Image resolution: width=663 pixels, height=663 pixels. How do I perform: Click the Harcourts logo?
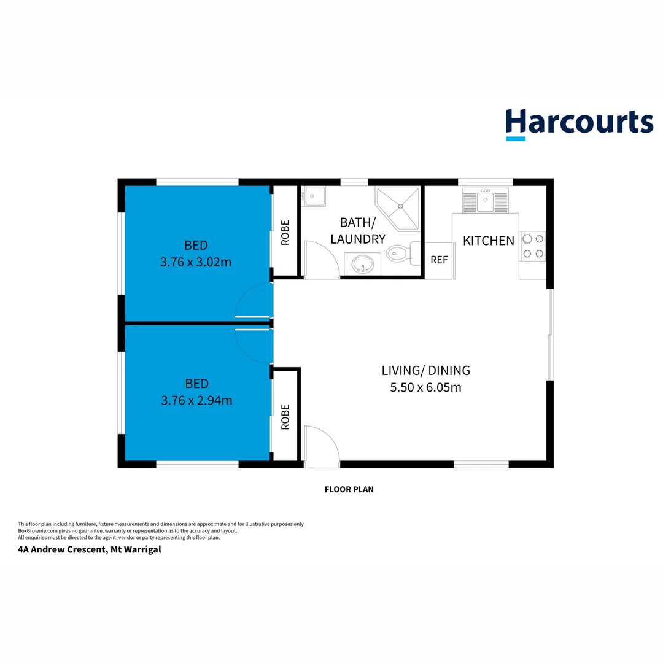579,123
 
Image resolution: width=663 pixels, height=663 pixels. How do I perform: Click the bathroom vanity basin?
362,265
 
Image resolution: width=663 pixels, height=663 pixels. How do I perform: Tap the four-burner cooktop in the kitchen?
532,246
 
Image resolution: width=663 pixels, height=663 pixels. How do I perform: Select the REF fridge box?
439,260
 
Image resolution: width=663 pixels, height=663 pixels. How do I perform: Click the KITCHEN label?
488,241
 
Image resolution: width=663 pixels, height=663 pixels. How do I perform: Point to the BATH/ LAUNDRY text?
358,231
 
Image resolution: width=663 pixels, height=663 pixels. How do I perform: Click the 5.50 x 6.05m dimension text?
425,387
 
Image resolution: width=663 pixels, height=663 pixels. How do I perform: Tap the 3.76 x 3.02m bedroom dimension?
196,262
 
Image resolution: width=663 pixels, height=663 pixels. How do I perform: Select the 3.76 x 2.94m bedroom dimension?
196,401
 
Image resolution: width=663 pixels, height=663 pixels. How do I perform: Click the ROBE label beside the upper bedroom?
285,233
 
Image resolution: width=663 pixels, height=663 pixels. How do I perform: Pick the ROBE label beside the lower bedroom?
285,417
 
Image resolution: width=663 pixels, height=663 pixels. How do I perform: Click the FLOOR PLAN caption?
349,489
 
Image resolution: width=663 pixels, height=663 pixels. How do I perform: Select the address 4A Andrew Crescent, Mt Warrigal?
90,549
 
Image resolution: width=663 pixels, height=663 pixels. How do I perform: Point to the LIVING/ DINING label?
425,370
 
